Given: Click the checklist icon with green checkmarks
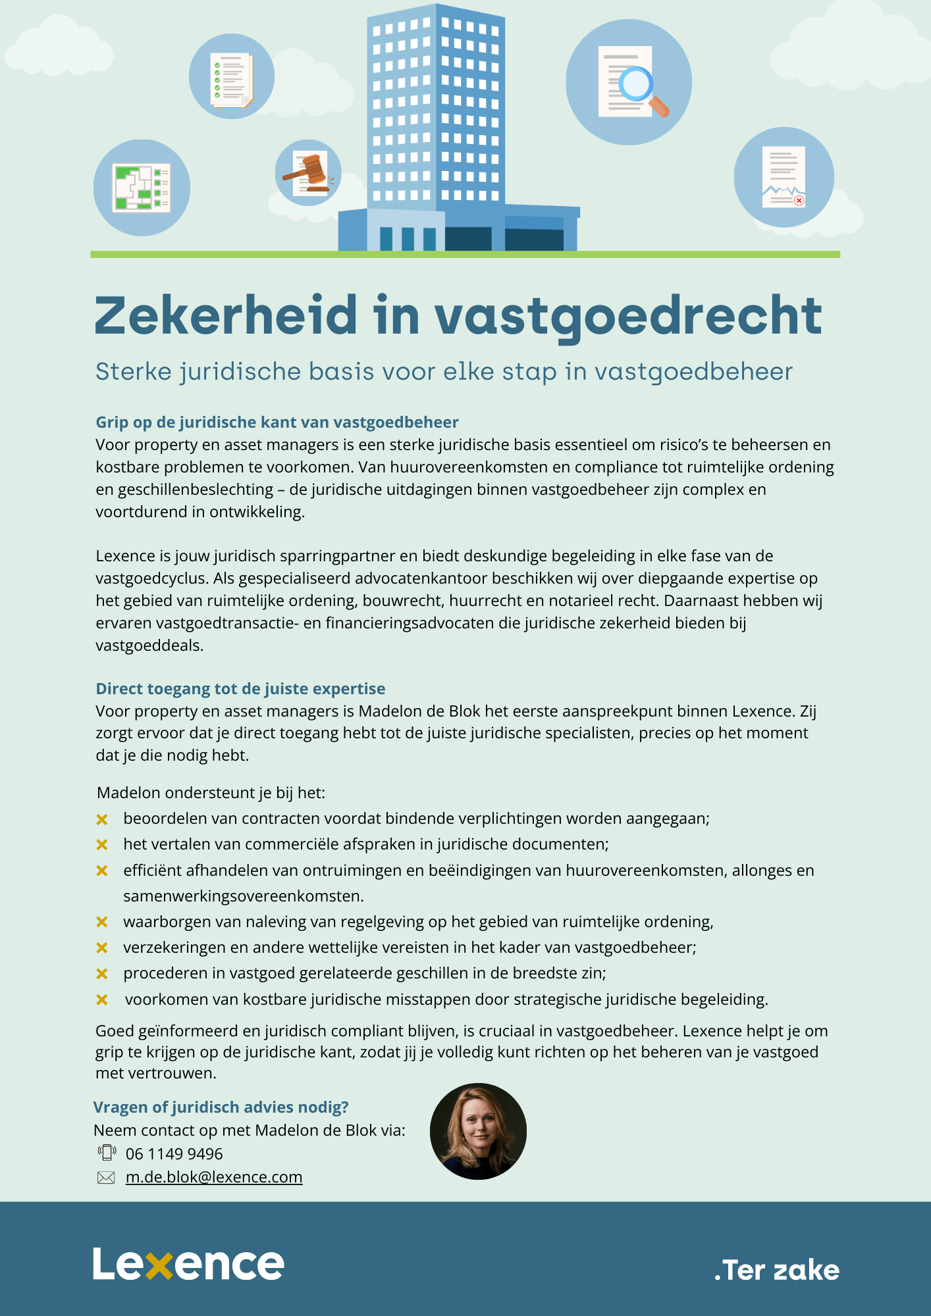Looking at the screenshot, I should click(x=232, y=80).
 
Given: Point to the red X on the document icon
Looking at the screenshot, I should click(x=799, y=200).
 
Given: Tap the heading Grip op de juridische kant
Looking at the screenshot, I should click(x=277, y=422).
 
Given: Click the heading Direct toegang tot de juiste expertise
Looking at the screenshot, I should click(x=240, y=689).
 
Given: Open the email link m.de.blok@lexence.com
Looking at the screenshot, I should click(x=214, y=1177).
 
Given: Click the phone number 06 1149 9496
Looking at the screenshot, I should click(x=174, y=1154).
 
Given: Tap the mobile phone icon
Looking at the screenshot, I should click(x=107, y=1153).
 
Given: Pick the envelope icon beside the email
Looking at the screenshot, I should click(x=106, y=1178).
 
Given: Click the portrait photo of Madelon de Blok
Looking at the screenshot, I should click(x=478, y=1131).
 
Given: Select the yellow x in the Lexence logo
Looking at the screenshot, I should click(x=159, y=1265).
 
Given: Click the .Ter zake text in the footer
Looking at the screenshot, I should click(x=777, y=1270).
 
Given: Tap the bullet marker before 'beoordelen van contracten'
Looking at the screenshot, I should click(x=102, y=819).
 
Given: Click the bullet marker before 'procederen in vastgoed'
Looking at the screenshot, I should click(x=102, y=974).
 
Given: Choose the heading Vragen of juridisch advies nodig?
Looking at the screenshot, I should click(x=221, y=1107).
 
